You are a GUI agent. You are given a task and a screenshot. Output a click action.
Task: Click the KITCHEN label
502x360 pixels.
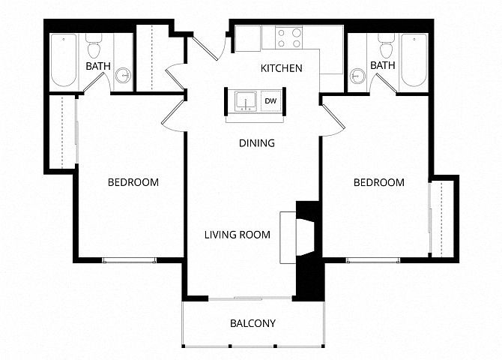pos(282,68)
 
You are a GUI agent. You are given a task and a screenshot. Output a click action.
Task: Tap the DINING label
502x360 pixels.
pos(257,143)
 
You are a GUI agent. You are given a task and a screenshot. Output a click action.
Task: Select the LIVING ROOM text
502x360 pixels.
pos(238,235)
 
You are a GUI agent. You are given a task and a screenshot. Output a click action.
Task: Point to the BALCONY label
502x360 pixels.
pos(253,323)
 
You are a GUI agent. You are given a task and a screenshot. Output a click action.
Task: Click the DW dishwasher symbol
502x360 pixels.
pos(270,101)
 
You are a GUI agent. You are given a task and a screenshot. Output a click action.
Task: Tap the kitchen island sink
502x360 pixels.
pos(246,101)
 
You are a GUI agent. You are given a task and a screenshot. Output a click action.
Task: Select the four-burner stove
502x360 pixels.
pos(289,37)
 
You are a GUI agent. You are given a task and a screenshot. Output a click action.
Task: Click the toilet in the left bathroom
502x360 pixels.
pos(94,46)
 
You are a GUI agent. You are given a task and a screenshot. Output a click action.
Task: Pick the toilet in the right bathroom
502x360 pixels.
pos(386,46)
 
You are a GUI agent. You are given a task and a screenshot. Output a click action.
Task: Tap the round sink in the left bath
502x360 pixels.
pos(123,75)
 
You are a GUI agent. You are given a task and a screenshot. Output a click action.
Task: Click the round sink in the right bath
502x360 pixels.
pos(357,76)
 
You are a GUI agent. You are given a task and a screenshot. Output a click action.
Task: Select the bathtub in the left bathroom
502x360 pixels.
pos(64,60)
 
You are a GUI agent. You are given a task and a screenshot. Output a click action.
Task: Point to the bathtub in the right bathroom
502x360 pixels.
pos(414,60)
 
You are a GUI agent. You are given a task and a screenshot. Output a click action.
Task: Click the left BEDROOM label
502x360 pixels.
pos(133,182)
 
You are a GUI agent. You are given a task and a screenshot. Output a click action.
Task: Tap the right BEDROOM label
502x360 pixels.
pos(379,182)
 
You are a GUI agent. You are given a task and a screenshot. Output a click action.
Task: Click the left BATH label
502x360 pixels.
pos(98,66)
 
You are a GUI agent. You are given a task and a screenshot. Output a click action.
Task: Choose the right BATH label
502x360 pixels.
pos(383,65)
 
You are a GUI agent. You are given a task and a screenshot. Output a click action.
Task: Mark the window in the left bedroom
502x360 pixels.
pos(129,260)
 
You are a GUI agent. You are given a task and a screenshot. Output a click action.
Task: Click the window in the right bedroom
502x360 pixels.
pos(373,260)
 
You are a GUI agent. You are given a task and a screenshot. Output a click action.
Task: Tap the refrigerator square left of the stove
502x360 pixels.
pos(247,38)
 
